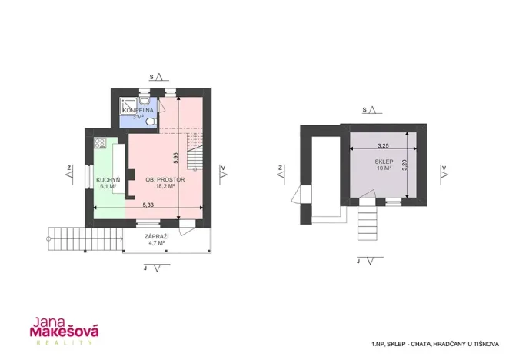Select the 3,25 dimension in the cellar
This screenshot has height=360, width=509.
coord(383,145)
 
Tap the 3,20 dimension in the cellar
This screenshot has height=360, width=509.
coord(405,165)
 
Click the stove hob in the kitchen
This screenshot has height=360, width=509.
coord(99,143)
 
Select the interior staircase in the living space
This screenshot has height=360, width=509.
coord(198,158)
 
